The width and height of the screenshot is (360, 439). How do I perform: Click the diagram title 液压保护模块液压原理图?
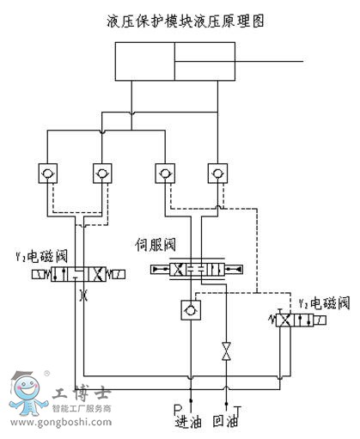click(186, 21)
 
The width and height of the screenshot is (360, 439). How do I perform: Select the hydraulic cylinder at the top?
click(175, 61)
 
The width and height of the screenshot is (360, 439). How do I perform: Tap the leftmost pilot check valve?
click(48, 174)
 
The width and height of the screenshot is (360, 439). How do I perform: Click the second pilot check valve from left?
click(102, 174)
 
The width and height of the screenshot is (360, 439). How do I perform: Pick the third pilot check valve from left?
click(165, 174)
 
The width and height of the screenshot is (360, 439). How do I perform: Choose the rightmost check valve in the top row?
click(217, 174)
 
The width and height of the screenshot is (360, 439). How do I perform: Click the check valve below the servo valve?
click(191, 310)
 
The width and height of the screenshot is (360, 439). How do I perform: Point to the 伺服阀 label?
click(156, 245)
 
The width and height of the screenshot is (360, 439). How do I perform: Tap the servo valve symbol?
click(197, 270)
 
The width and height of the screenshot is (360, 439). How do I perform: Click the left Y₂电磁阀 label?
click(42, 256)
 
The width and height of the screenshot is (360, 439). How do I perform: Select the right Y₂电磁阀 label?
click(325, 303)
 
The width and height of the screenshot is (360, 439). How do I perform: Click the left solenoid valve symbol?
click(78, 274)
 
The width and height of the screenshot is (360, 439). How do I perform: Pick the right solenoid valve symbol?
click(297, 320)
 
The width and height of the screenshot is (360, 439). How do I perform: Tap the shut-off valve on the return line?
click(227, 351)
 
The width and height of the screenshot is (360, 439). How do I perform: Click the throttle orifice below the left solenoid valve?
click(84, 295)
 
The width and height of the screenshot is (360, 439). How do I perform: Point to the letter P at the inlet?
click(178, 409)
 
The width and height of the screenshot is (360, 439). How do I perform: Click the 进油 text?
click(188, 422)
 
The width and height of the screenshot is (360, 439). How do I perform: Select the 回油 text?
click(226, 422)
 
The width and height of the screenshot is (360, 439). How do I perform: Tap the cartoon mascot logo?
click(27, 393)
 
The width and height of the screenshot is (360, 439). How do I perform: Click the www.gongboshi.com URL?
click(61, 422)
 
